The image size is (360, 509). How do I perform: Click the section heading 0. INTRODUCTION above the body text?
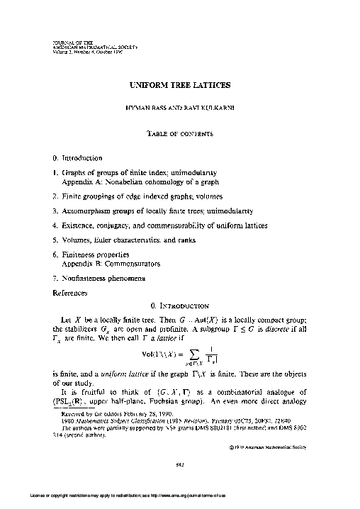[180, 306]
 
